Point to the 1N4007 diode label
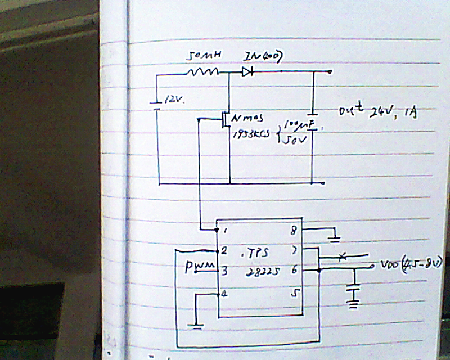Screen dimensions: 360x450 coord(262,56)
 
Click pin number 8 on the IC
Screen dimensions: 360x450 coord(292,229)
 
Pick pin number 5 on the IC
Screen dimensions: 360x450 coord(292,292)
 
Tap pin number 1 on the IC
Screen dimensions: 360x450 coord(226,231)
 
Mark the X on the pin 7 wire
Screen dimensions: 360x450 coord(342,256)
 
